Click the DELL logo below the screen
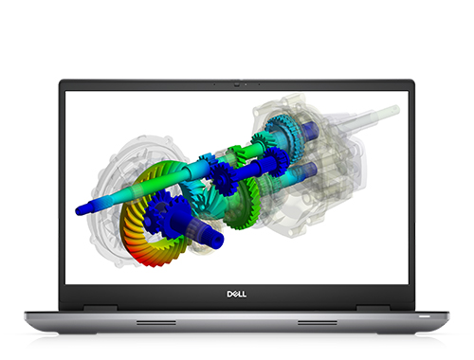(237, 294)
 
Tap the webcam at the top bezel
(237, 84)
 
